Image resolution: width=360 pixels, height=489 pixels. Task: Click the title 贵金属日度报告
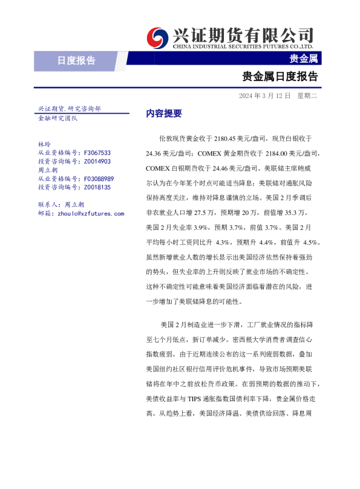click(280, 77)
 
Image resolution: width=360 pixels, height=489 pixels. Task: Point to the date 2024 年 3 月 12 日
click(264, 96)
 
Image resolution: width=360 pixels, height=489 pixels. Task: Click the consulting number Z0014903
click(97, 162)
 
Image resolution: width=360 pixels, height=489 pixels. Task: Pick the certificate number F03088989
click(99, 179)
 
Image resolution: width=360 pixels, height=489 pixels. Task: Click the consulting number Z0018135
click(97, 188)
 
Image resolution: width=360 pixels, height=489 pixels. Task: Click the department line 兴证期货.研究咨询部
click(69, 109)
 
